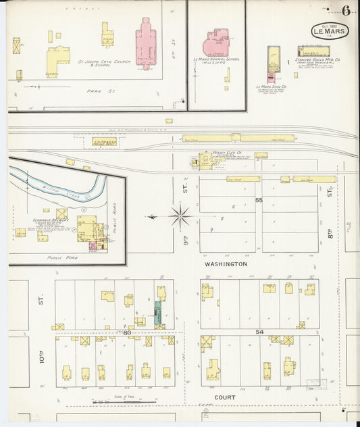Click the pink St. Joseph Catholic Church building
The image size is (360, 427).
click(145, 46)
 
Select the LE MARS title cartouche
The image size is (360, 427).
click(330, 30)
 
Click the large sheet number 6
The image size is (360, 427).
click(346, 10)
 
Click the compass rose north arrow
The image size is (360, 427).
click(180, 216)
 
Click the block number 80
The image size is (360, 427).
click(126, 332)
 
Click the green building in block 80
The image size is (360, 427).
click(158, 312)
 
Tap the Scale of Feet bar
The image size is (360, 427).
click(123, 401)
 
